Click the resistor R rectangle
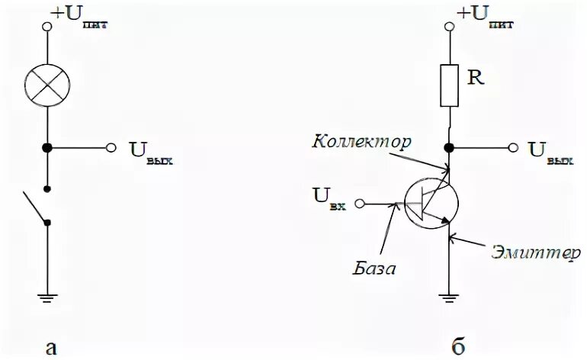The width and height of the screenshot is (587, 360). [x=449, y=85]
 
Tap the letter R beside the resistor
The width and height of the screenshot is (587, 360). [x=476, y=78]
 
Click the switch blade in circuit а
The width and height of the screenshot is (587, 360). [x=35, y=206]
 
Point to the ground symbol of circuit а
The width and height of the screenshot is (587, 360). [x=47, y=298]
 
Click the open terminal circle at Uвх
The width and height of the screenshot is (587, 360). [x=361, y=204]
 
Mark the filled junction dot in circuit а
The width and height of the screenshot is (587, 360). [x=47, y=148]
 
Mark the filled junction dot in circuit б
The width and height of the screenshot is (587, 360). [x=449, y=148]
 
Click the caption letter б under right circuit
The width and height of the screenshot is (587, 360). [x=457, y=347]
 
